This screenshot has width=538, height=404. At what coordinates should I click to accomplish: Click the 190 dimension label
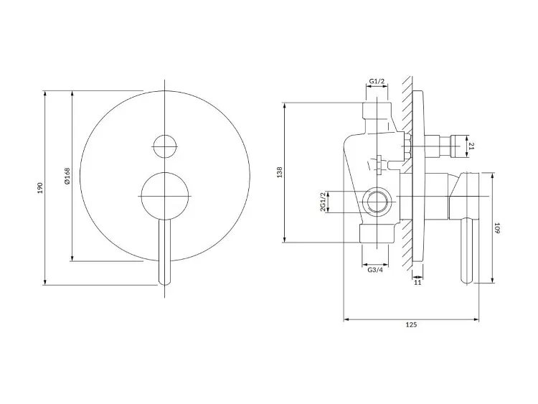point(40,188)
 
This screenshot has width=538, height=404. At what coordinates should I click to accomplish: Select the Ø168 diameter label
point(67,176)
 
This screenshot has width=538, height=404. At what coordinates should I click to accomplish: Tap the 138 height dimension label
point(280,172)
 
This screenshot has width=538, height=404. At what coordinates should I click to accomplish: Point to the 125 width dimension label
point(411,324)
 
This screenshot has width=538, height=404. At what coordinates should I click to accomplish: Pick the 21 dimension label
point(471,146)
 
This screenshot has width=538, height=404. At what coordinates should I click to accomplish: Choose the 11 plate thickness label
point(417,283)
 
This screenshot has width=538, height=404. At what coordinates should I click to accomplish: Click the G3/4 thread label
point(375,270)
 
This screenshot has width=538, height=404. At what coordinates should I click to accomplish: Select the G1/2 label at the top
point(377,81)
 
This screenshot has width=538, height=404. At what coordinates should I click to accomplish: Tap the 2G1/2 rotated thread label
point(323,202)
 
